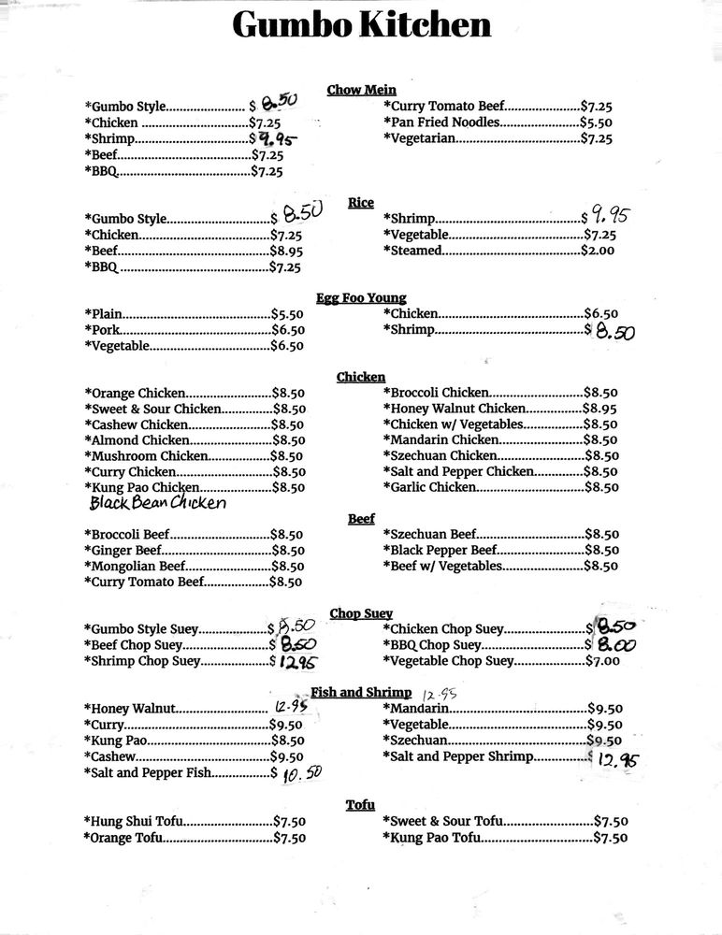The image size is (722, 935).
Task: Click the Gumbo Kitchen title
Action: [x=361, y=26]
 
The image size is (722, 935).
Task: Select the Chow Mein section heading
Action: [x=361, y=90]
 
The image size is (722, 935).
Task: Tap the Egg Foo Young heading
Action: [x=361, y=298]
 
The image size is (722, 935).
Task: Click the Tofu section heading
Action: [x=360, y=804]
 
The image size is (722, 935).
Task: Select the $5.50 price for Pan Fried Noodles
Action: [x=596, y=122]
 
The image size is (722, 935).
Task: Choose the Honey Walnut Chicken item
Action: [x=457, y=409]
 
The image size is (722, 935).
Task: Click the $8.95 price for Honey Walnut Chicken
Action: [x=600, y=409]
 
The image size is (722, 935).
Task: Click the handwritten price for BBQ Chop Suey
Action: [x=615, y=645]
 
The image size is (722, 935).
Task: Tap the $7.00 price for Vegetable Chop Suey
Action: [x=602, y=661]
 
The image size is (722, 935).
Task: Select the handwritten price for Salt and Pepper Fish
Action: [x=301, y=773]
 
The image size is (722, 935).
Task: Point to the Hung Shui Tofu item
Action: [x=134, y=822]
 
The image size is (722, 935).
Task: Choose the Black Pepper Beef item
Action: [x=443, y=550]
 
